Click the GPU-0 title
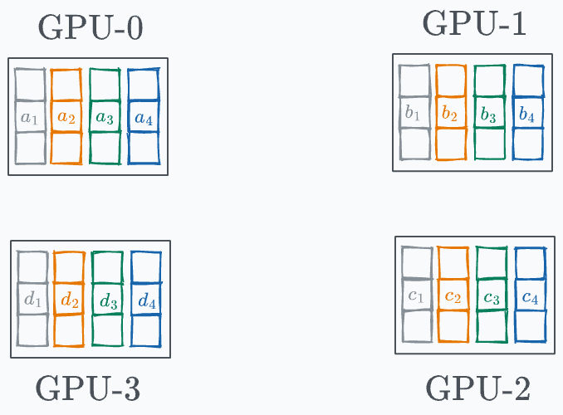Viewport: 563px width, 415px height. (x=91, y=28)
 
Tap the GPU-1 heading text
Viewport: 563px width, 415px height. (x=474, y=24)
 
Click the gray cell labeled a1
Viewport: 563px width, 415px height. (x=30, y=118)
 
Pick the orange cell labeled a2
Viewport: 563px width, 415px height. (x=66, y=118)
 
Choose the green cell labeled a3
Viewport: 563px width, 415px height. (x=105, y=118)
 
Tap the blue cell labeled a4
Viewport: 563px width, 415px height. (x=143, y=118)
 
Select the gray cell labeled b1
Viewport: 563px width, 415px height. (x=414, y=113)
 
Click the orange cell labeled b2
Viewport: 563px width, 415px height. (x=450, y=113)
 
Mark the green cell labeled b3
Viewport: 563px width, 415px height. (x=489, y=113)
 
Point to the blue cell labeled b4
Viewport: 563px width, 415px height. (x=527, y=113)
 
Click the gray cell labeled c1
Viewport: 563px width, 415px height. (x=417, y=296)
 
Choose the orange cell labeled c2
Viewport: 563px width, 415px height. (x=453, y=296)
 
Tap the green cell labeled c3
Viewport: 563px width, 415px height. (x=492, y=296)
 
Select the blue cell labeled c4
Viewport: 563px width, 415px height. (x=530, y=296)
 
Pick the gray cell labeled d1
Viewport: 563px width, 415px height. (x=33, y=300)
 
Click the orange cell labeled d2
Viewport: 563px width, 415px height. (x=69, y=300)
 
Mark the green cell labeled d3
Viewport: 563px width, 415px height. (x=108, y=300)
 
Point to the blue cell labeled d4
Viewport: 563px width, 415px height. (x=146, y=300)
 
